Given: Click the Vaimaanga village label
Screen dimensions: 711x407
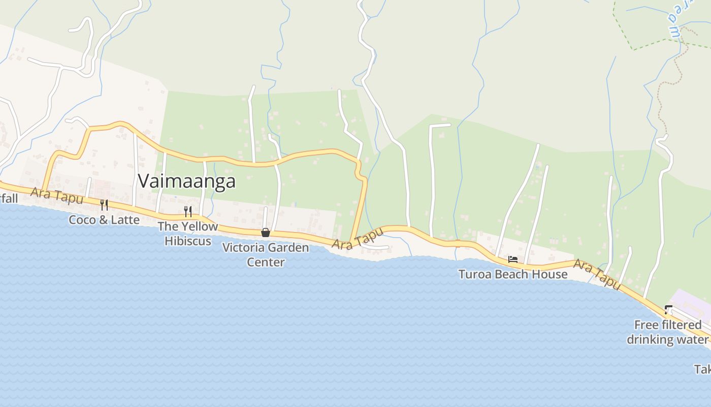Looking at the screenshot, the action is click(x=186, y=181).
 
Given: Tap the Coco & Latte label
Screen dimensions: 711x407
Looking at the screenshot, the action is click(x=104, y=220).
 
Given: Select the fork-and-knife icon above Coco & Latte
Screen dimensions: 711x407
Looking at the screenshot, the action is click(x=104, y=205).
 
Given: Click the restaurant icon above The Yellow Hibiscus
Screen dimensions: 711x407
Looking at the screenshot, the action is click(x=188, y=211).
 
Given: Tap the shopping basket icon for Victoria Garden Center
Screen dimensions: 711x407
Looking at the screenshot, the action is click(x=265, y=232).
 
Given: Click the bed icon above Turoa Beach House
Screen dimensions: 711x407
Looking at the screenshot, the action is click(x=512, y=259).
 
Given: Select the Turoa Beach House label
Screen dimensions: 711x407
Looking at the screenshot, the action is click(x=513, y=274).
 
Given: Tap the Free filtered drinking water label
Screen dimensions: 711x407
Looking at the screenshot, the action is click(x=667, y=332).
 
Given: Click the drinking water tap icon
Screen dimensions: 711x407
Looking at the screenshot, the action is click(x=668, y=309).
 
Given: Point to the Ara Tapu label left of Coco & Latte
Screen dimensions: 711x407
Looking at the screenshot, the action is click(x=56, y=195).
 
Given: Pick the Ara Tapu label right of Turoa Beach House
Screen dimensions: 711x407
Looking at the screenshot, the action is click(x=597, y=274).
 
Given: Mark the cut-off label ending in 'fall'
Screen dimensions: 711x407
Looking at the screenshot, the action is click(x=9, y=198).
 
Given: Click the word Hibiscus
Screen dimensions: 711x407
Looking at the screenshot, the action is click(x=187, y=241).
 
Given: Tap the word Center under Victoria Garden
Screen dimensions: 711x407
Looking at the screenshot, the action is click(x=266, y=263).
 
